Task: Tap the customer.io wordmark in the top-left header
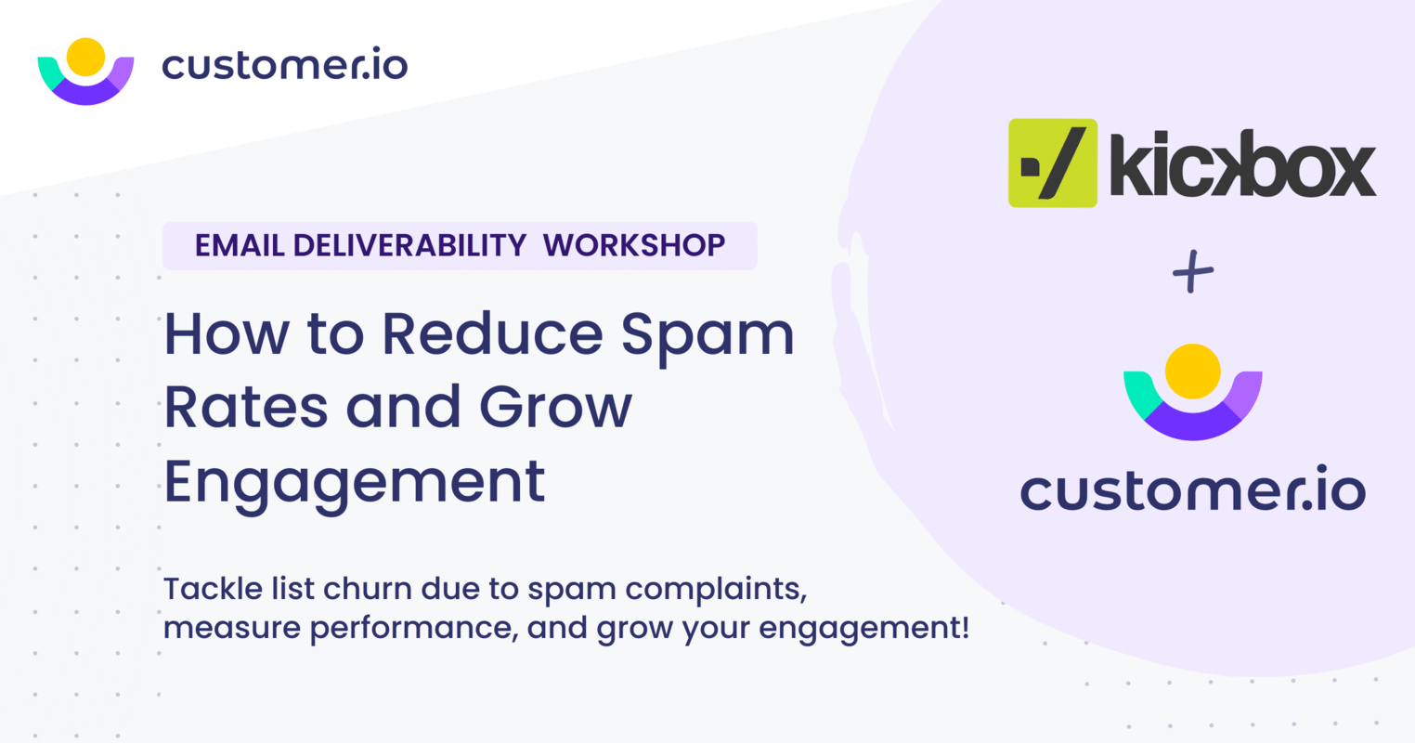[x=285, y=65]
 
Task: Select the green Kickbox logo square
[x=1053, y=163]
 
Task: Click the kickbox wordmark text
[x=1242, y=165]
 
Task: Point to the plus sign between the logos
[x=1193, y=272]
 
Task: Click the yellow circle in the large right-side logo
[x=1192, y=371]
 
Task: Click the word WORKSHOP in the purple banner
[x=634, y=245]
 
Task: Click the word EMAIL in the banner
[x=239, y=245]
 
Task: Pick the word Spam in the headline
[x=707, y=334]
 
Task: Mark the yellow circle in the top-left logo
[x=85, y=57]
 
